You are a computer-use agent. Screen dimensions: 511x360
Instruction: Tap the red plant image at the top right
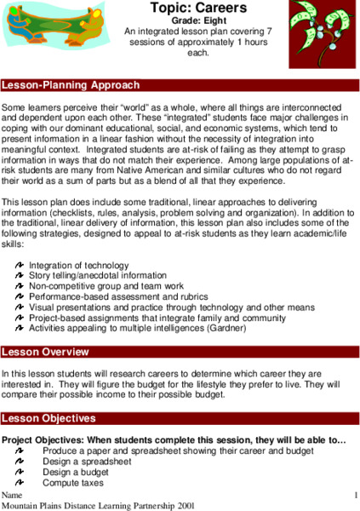pos(322,34)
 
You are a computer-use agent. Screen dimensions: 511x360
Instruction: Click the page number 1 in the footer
pos(355,495)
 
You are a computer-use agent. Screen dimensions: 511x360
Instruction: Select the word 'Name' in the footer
pos(12,495)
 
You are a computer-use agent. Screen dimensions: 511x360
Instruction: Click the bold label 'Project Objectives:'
pos(45,439)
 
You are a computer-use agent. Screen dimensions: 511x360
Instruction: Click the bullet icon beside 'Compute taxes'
pos(20,483)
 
